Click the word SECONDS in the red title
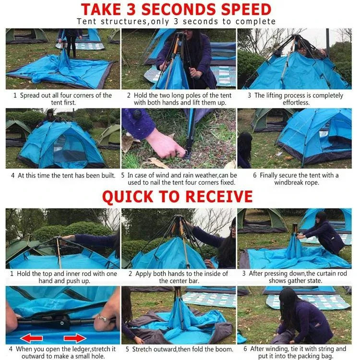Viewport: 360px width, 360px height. pyautogui.click(x=179, y=10)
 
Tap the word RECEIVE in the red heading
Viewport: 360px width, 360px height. pyautogui.click(x=219, y=196)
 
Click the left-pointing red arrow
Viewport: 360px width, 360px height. pyautogui.click(x=31, y=338)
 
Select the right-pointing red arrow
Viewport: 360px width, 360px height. pyautogui.click(x=75, y=338)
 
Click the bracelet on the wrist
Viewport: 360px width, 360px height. pyautogui.click(x=103, y=318)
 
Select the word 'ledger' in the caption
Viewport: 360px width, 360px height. pyautogui.click(x=81, y=349)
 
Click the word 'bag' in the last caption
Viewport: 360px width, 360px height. pyautogui.click(x=328, y=356)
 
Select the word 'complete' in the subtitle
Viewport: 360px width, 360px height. pyautogui.click(x=255, y=22)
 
